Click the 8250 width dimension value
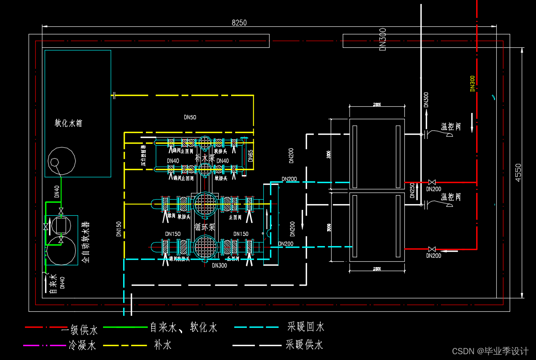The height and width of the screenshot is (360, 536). [239, 23]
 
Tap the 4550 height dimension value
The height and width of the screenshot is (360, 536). [518, 172]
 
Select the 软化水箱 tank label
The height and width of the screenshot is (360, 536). [68, 123]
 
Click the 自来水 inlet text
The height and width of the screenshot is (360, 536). [52, 285]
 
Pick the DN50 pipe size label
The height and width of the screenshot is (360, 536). [190, 117]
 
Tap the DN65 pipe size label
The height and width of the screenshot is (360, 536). [250, 155]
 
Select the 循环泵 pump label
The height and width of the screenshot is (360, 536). [205, 226]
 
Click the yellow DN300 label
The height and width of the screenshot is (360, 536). [473, 84]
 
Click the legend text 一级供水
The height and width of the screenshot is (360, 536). [79, 330]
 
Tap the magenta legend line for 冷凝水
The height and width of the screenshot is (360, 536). [45, 345]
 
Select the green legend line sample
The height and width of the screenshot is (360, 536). [125, 327]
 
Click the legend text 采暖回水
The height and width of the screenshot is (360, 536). [306, 327]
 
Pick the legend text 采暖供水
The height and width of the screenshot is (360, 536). [304, 345]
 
